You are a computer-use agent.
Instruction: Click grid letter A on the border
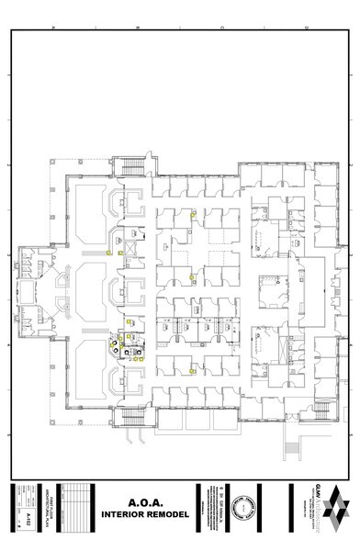click(x=53, y=27)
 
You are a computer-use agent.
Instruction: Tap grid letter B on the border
click(x=137, y=27)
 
